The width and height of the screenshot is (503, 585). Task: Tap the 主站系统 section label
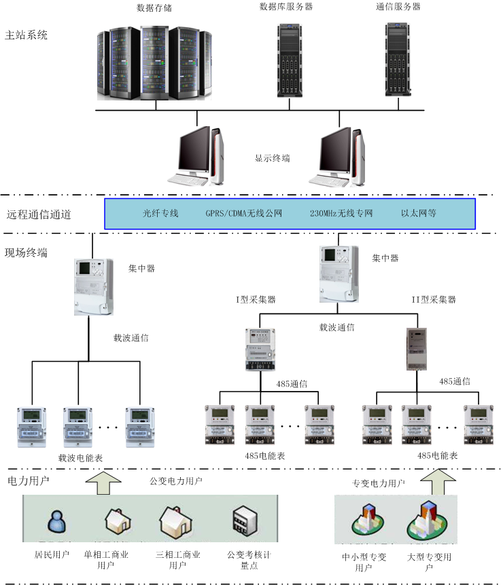click(x=27, y=35)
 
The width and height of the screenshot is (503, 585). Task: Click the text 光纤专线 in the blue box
click(x=160, y=213)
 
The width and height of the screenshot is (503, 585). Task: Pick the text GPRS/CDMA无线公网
click(x=243, y=213)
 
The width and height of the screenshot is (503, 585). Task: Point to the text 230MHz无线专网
click(x=341, y=213)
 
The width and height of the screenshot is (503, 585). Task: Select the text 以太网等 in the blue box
click(x=418, y=213)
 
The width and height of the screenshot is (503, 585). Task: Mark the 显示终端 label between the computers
click(x=273, y=158)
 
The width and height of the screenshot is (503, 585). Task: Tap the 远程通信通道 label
click(x=39, y=214)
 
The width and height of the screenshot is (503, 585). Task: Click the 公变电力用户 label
click(x=176, y=481)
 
